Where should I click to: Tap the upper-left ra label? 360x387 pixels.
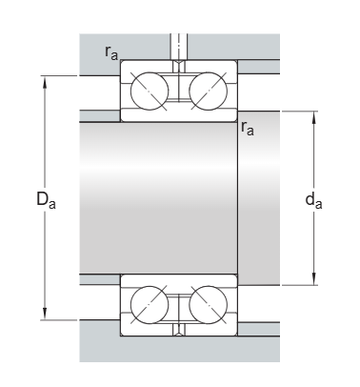(111, 52)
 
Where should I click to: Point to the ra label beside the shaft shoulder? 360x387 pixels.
(248, 127)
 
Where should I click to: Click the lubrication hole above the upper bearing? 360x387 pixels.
(178, 46)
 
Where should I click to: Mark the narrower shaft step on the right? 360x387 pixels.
(258, 198)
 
